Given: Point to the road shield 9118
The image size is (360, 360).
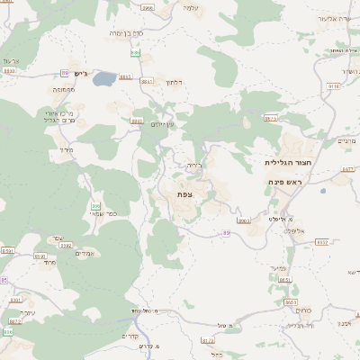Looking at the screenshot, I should tap(334, 86).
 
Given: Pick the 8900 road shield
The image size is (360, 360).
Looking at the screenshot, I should tap(244, 220).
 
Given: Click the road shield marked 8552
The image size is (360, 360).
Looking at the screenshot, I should tap(322, 241).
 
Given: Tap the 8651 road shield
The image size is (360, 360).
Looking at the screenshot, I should tap(285, 280).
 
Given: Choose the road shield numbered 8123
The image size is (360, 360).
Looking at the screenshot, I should tap(208, 340).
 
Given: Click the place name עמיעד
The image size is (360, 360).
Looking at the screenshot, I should tap(276, 267).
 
